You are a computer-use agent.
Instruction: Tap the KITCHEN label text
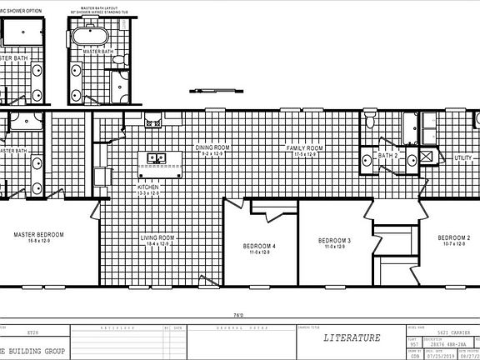(147, 187)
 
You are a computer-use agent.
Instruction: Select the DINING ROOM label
(211, 147)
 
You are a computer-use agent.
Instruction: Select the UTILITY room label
(463, 157)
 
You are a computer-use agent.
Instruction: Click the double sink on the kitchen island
(157, 157)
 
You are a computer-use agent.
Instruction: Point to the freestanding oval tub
(86, 37)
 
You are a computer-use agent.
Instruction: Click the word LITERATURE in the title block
(352, 337)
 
